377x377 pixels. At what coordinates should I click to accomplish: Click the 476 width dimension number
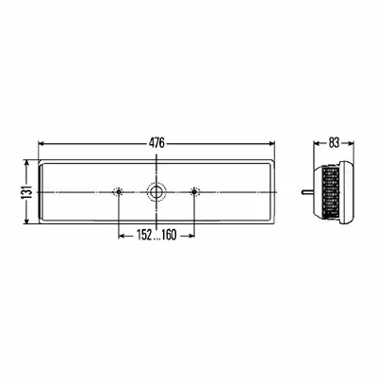[x=156, y=143]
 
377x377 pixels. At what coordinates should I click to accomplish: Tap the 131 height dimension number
[x=26, y=192]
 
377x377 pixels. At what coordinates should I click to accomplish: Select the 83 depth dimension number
[x=334, y=143]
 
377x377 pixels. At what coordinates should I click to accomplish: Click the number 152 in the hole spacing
[x=144, y=235]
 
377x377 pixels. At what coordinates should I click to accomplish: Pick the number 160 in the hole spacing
[x=169, y=235]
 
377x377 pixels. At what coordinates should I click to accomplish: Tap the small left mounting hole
[x=119, y=191]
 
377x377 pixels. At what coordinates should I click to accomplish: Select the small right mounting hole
[x=194, y=191]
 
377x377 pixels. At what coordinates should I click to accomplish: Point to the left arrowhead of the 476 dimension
[x=41, y=143]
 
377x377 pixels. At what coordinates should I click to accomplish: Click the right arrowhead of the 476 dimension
[x=272, y=143]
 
